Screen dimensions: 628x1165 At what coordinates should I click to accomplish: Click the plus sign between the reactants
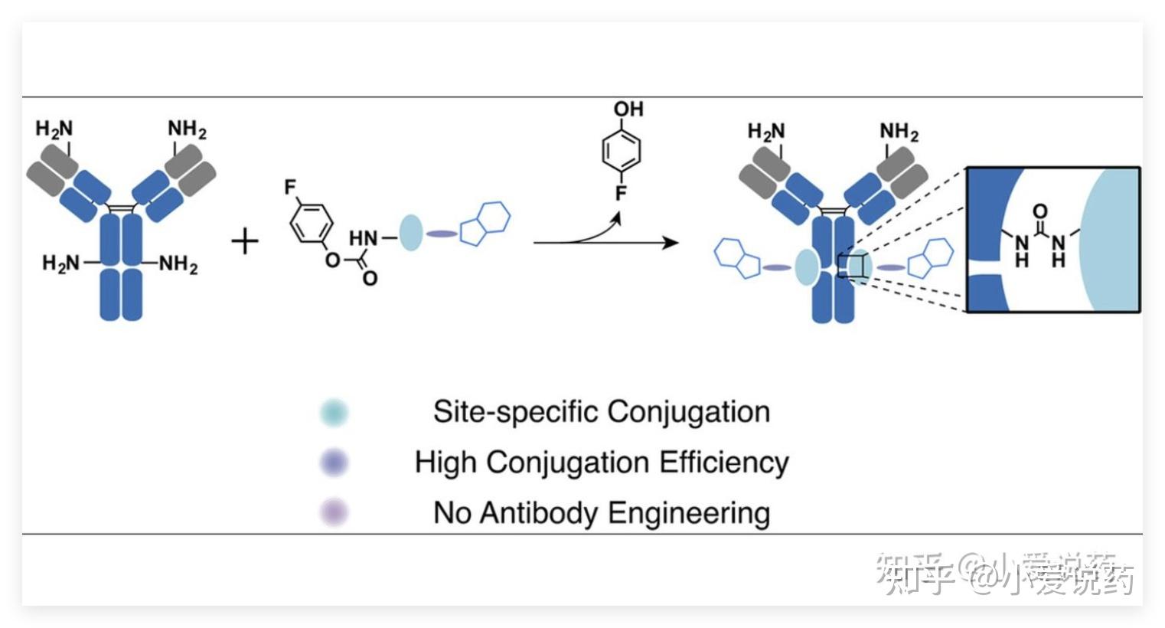[245, 243]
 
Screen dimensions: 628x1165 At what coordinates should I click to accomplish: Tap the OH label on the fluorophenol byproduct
[628, 110]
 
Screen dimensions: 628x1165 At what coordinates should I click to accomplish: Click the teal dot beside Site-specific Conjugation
[334, 413]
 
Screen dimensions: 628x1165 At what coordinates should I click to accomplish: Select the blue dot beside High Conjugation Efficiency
[334, 463]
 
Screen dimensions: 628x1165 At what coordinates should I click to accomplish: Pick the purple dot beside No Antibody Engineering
[334, 512]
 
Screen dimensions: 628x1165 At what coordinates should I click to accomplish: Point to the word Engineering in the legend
[697, 513]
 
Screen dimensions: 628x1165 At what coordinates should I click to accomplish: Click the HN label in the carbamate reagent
[364, 238]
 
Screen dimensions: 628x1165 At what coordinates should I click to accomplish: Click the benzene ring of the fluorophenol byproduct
[621, 150]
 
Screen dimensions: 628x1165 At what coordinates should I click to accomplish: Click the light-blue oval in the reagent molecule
[411, 232]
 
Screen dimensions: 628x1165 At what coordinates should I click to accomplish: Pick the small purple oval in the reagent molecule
[442, 234]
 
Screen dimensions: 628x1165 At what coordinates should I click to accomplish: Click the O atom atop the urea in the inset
[1039, 211]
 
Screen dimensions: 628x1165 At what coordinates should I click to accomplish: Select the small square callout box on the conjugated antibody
[852, 267]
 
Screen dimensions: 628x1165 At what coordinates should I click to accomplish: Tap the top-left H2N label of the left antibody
[54, 129]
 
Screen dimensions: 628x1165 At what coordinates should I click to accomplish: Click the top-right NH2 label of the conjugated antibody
[899, 132]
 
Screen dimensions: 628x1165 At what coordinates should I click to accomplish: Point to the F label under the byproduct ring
[621, 193]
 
